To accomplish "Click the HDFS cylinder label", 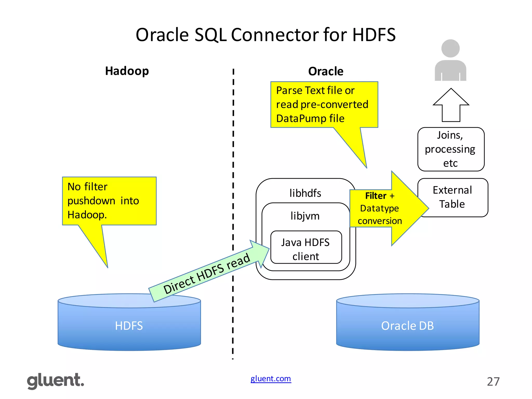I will [x=129, y=326].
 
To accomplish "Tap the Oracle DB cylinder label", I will [x=407, y=326].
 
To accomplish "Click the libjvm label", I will [x=305, y=216].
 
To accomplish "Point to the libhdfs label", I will [x=305, y=193].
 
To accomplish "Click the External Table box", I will [x=452, y=197].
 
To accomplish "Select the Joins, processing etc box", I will [x=450, y=149].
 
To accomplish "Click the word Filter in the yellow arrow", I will [x=376, y=196].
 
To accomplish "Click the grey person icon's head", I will [x=450, y=48].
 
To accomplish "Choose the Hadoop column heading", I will [x=127, y=71].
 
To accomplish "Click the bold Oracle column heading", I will [x=325, y=71].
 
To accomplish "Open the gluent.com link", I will [x=270, y=378].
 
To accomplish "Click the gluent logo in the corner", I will [x=55, y=381].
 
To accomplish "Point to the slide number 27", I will [x=493, y=382].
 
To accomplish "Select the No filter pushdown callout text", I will [x=103, y=201].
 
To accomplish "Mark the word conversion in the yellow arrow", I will [x=380, y=221].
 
